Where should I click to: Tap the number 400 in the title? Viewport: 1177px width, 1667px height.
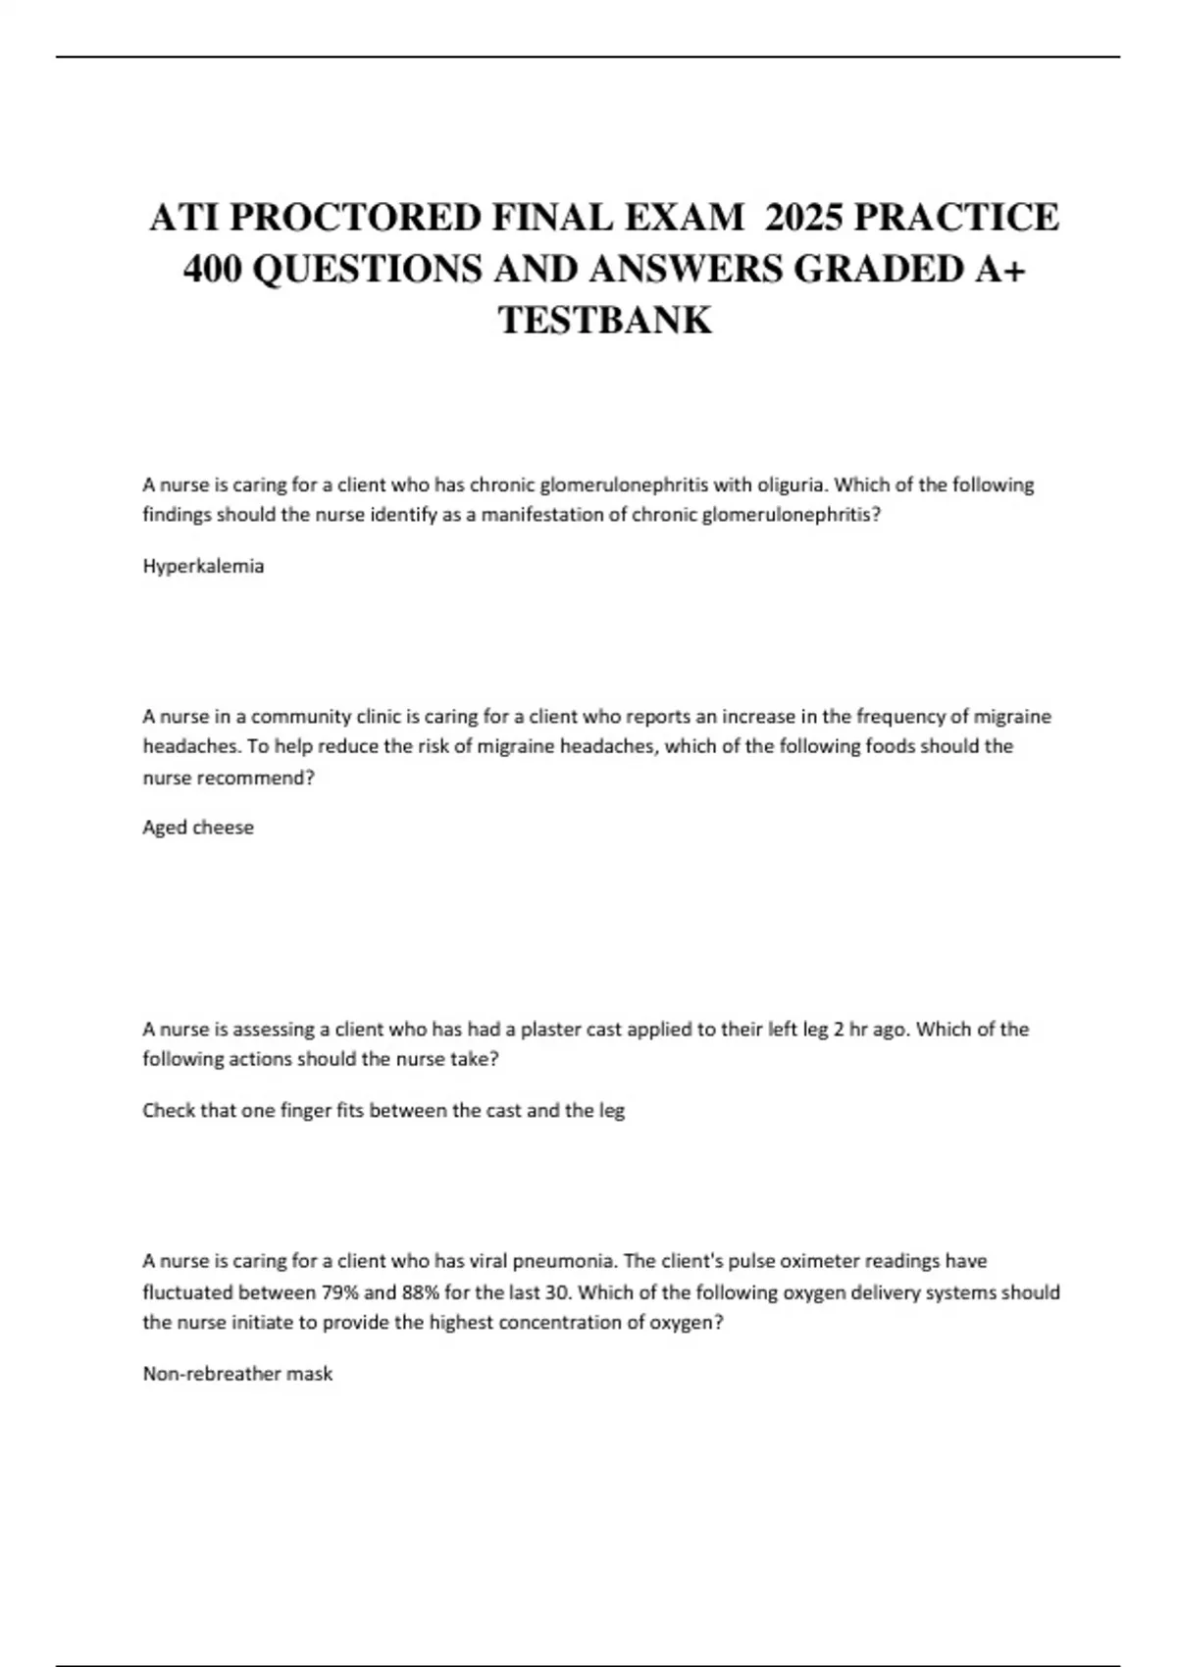pyautogui.click(x=213, y=269)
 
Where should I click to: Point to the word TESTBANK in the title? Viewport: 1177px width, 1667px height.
pyautogui.click(x=605, y=321)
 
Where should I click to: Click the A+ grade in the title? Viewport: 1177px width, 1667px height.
pyautogui.click(x=1000, y=269)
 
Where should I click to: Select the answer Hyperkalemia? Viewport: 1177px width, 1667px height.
pyautogui.click(x=203, y=566)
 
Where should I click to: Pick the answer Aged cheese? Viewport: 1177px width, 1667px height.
pyautogui.click(x=198, y=827)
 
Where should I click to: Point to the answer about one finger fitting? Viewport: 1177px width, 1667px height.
pyautogui.click(x=384, y=1110)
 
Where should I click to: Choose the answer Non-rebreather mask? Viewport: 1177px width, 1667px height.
pyautogui.click(x=237, y=1374)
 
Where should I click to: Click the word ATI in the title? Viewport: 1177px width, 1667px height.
pyautogui.click(x=182, y=217)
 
